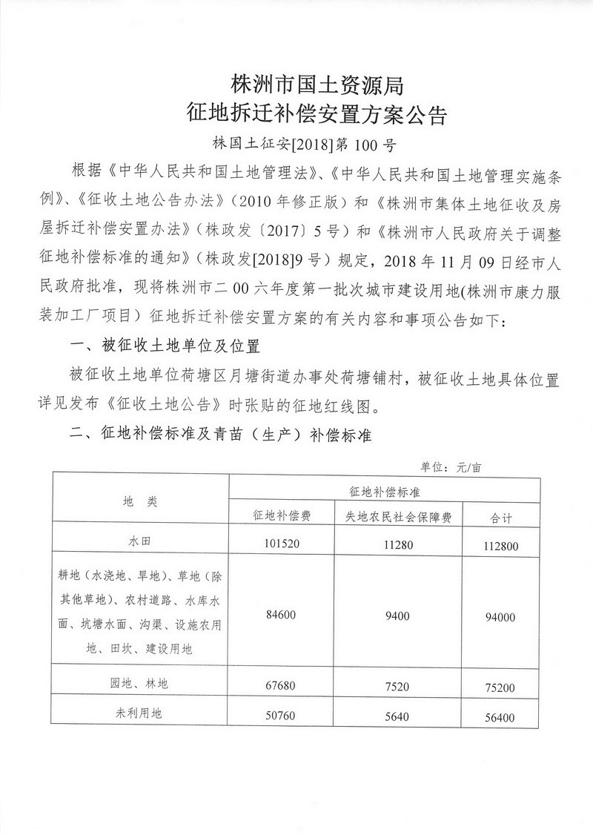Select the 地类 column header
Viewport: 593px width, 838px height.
pyautogui.click(x=140, y=502)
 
